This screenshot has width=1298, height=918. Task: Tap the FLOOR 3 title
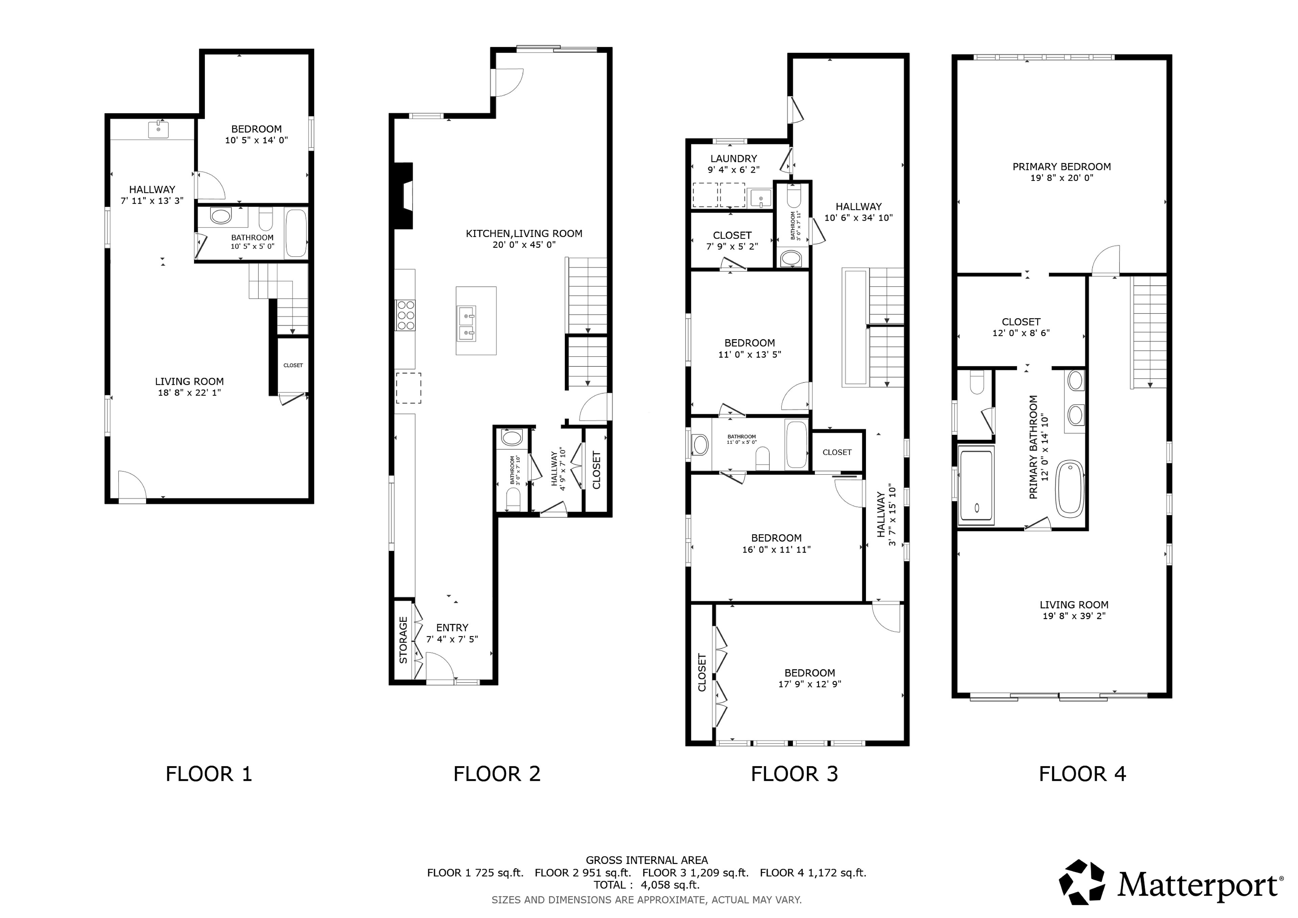(794, 774)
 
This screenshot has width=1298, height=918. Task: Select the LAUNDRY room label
(733, 159)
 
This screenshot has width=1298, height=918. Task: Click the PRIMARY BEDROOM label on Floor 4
(1062, 167)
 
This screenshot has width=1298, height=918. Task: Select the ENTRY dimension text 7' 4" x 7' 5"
(452, 639)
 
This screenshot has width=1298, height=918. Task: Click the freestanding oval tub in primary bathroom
(1069, 489)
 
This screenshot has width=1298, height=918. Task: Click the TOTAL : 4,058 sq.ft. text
(647, 885)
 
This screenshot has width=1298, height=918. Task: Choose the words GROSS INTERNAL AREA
(647, 860)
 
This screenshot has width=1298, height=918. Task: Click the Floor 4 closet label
(1021, 322)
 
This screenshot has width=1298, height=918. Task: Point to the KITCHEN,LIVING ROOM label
(524, 234)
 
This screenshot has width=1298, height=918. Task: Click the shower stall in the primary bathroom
(976, 485)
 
